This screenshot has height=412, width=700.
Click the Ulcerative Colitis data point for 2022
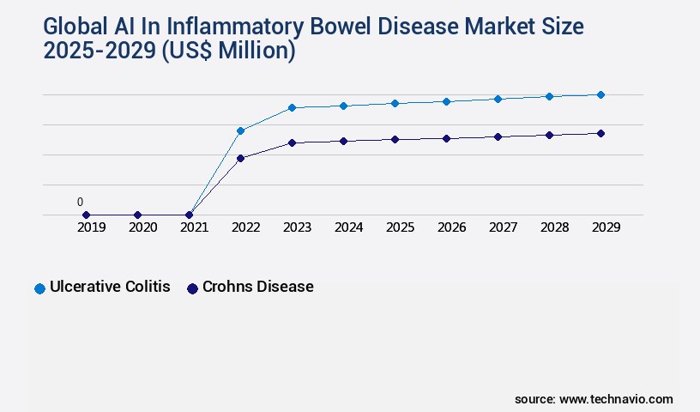[240, 130]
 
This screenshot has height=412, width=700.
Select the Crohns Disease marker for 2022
[240, 158]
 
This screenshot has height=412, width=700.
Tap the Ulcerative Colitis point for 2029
[600, 94]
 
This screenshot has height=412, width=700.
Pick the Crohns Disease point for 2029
[600, 133]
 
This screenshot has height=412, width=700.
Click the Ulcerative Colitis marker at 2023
[292, 107]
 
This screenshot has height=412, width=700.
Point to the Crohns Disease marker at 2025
[395, 139]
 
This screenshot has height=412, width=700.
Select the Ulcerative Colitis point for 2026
[446, 101]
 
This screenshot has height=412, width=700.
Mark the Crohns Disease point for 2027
[498, 136]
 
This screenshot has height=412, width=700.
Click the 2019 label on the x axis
[92, 228]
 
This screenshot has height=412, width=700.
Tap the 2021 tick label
[195, 228]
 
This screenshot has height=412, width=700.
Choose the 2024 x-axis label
[349, 228]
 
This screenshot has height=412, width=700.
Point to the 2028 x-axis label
[555, 228]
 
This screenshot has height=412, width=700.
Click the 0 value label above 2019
[80, 203]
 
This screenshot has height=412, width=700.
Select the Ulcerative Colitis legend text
[110, 287]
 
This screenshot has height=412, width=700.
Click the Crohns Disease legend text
[257, 287]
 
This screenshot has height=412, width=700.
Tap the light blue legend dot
[39, 288]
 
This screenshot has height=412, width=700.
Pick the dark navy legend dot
[192, 288]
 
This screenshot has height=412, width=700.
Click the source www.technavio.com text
[594, 399]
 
